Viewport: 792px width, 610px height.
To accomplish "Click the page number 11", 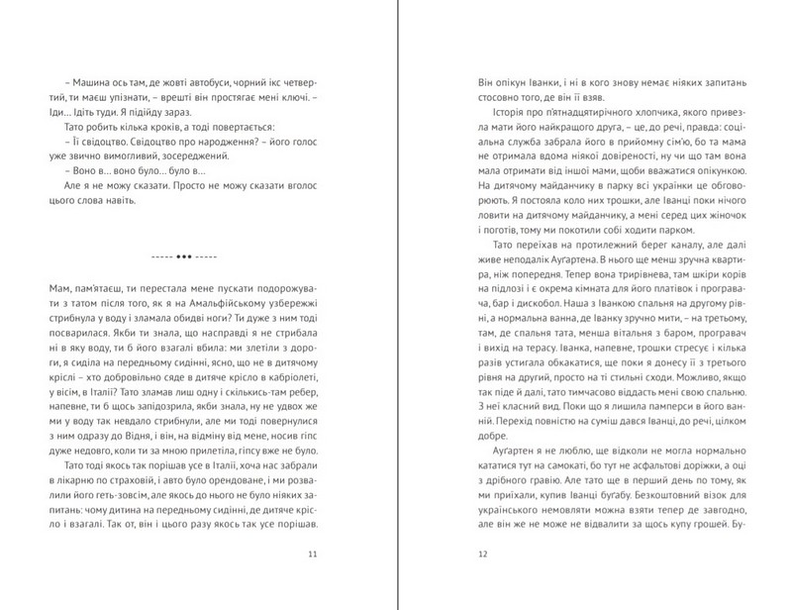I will (x=312, y=556).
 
